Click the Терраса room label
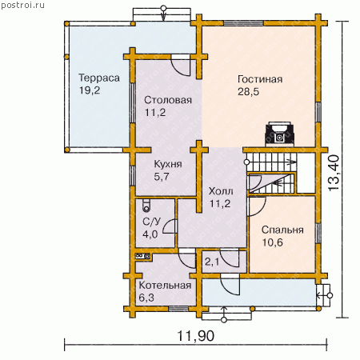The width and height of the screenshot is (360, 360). pyautogui.click(x=99, y=78)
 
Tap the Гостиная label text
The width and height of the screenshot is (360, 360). pyautogui.click(x=260, y=79)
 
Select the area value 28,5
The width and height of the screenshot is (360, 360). pyautogui.click(x=248, y=92)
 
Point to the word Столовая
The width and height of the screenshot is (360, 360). pyautogui.click(x=168, y=100)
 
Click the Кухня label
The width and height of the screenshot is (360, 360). pyautogui.click(x=168, y=164)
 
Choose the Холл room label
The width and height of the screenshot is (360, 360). pyautogui.click(x=221, y=191)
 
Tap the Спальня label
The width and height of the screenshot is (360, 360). pyautogui.click(x=282, y=230)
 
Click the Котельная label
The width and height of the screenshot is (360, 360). pyautogui.click(x=165, y=286)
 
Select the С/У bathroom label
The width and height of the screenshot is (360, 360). pyautogui.click(x=152, y=222)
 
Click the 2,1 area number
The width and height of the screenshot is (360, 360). pyautogui.click(x=212, y=262)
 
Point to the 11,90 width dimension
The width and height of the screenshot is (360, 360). pyautogui.click(x=196, y=336)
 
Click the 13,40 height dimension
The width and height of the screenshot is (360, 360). pyautogui.click(x=334, y=173)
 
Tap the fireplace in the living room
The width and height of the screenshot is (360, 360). pyautogui.click(x=279, y=134)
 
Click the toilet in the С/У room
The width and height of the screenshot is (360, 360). pyautogui.click(x=146, y=206)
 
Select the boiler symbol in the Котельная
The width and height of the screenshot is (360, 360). pyautogui.click(x=143, y=256)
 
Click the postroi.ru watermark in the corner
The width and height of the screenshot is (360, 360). pyautogui.click(x=23, y=6)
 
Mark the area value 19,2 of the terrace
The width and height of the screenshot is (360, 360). pyautogui.click(x=90, y=90)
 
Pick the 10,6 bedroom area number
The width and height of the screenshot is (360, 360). pyautogui.click(x=272, y=242)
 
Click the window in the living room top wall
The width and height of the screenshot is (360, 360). pyautogui.click(x=243, y=23)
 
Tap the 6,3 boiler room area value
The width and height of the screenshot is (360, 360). pyautogui.click(x=146, y=298)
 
